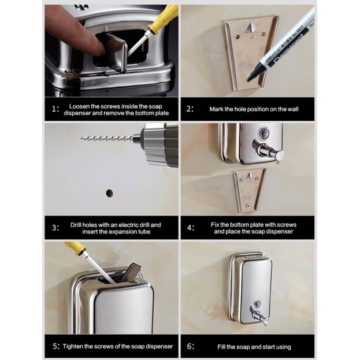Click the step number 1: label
point(55,109)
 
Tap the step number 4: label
point(191,228)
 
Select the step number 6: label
point(191,346)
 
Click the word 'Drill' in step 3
point(76,225)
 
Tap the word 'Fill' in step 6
point(221,347)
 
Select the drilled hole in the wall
point(110,193)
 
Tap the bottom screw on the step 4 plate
point(247,206)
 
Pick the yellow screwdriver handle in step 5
point(76,248)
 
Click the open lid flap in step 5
point(133,272)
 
